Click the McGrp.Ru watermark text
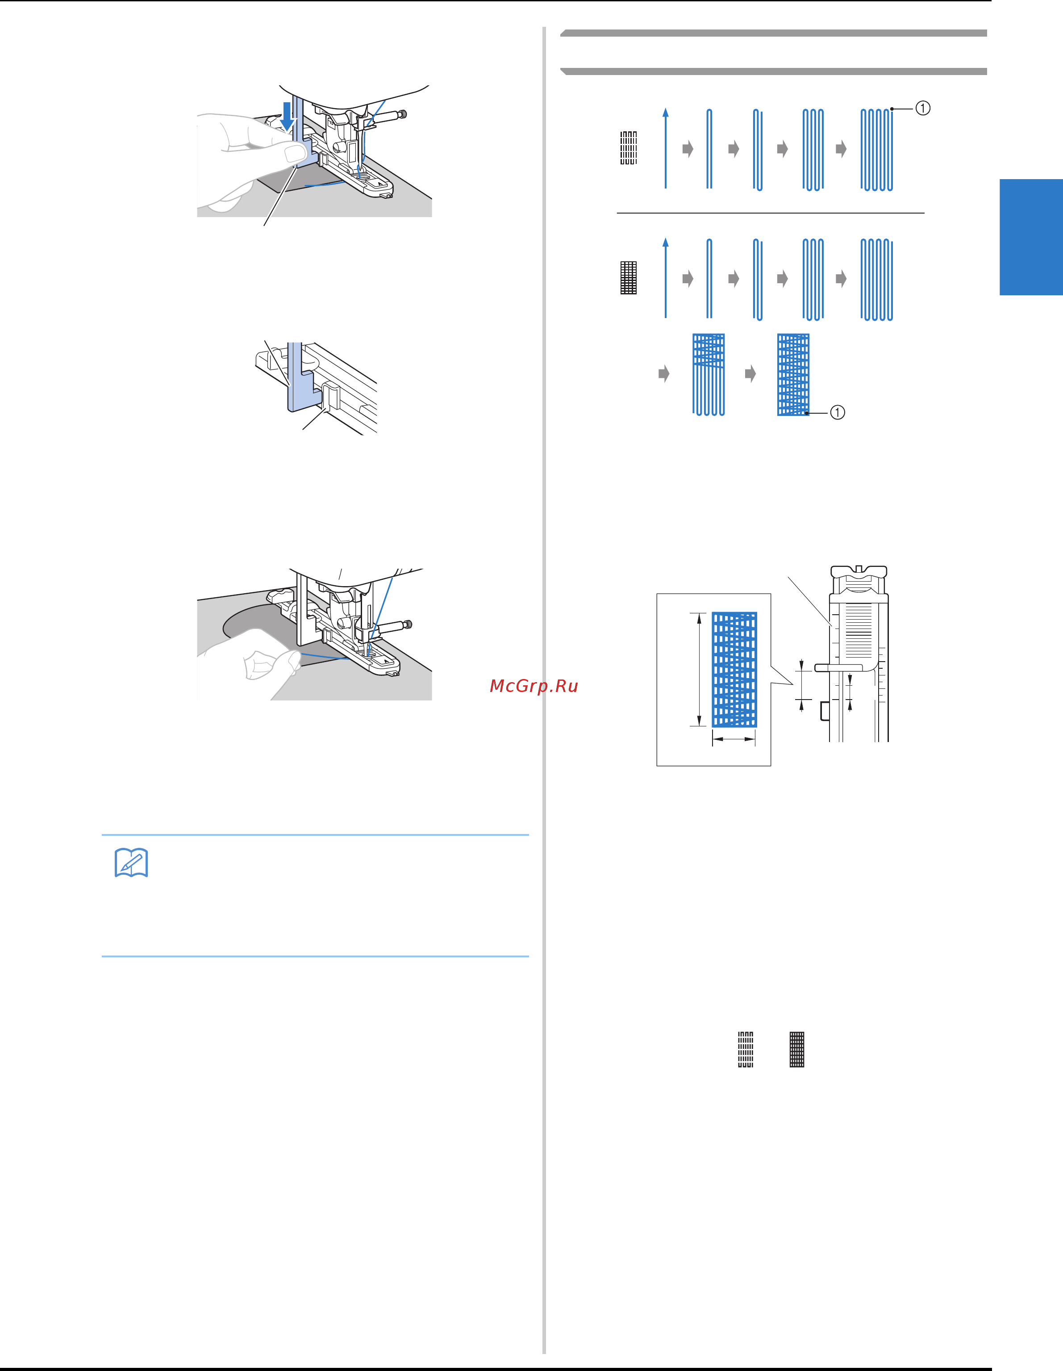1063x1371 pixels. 534,686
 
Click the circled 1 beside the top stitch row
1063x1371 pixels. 922,108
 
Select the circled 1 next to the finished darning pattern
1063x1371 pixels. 837,412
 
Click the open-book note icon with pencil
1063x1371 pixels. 131,863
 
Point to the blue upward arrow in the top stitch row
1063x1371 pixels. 666,148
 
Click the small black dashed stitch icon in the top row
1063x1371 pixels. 628,148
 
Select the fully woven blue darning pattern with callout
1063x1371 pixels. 793,375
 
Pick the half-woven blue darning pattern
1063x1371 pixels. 709,375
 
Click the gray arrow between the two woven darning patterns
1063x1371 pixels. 750,374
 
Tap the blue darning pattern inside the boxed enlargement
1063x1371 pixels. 734,670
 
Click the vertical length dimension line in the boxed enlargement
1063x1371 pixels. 698,670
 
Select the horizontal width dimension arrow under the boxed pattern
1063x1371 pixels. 734,739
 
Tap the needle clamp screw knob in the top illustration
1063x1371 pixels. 402,114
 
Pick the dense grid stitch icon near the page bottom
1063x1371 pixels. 797,1050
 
